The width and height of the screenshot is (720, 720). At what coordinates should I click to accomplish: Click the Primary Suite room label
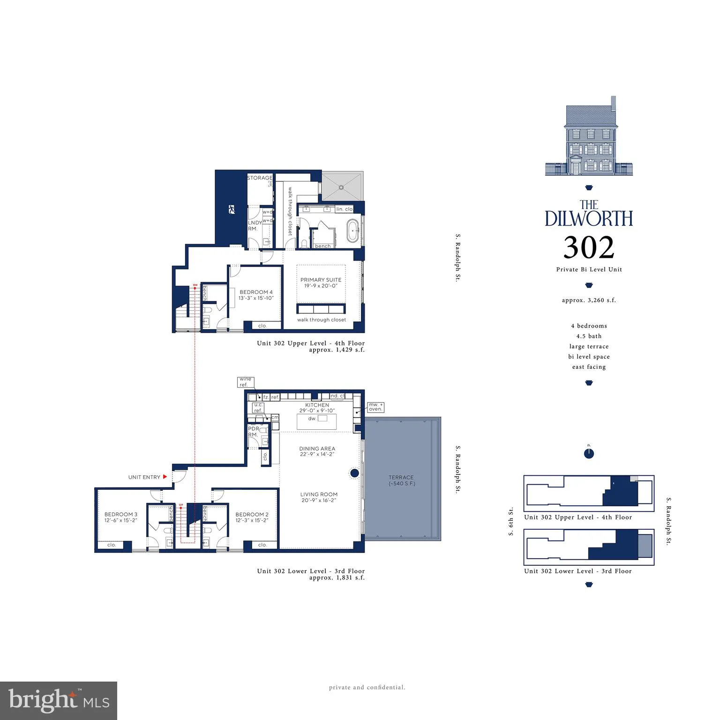(x=321, y=280)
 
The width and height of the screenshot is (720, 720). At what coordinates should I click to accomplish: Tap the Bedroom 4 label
(x=256, y=292)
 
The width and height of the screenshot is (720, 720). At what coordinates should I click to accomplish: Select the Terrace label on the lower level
(x=401, y=478)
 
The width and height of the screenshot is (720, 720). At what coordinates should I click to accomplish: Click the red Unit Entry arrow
(x=165, y=477)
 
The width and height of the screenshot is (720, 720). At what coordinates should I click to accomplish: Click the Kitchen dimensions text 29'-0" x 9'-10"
(x=317, y=411)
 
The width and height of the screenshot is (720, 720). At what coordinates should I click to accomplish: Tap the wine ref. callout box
(x=245, y=382)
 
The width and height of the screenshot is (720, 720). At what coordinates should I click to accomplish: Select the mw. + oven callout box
(x=376, y=407)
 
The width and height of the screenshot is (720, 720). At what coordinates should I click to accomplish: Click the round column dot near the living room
(x=355, y=473)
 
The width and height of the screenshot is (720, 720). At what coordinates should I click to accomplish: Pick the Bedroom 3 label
(x=121, y=514)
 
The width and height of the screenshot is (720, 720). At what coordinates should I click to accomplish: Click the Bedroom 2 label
(x=252, y=514)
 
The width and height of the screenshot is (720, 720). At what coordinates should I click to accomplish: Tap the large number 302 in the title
(x=589, y=247)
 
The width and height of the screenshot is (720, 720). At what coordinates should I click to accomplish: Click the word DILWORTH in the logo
(x=589, y=219)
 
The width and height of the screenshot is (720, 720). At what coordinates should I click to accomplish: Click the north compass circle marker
(x=589, y=454)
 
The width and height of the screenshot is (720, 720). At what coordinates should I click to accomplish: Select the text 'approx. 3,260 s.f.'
(x=589, y=300)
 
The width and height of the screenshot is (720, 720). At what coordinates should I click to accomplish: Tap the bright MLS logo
(x=59, y=700)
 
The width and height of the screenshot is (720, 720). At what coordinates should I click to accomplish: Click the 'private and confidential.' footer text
(x=367, y=688)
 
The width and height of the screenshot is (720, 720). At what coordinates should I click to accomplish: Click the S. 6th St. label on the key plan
(x=511, y=521)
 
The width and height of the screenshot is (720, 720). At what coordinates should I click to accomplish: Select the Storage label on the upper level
(x=260, y=178)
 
